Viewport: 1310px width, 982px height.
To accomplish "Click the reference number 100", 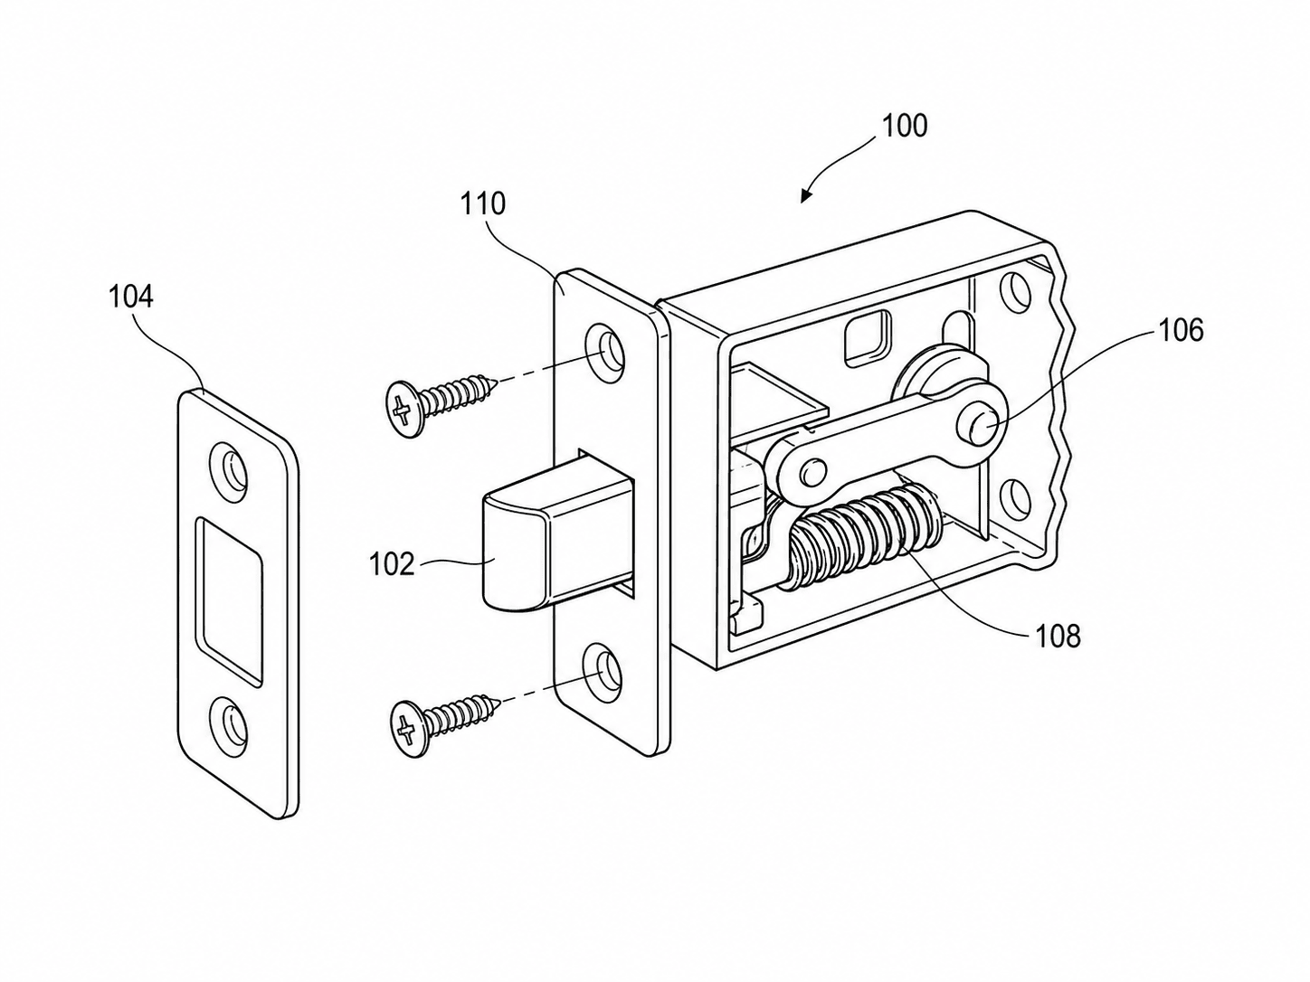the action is click(904, 126).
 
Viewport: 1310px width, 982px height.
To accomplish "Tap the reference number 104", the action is click(131, 297).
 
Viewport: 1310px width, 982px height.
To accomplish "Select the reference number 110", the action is click(482, 204).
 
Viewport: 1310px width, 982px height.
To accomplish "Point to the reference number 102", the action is click(392, 563).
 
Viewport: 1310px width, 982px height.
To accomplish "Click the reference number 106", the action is click(1182, 330).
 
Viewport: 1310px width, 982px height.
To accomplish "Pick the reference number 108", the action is click(1058, 637).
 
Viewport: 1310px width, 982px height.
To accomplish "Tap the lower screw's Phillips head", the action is click(408, 729).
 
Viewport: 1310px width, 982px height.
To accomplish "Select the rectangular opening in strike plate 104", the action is click(230, 601).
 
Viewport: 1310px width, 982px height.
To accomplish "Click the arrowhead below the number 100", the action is click(807, 195).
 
